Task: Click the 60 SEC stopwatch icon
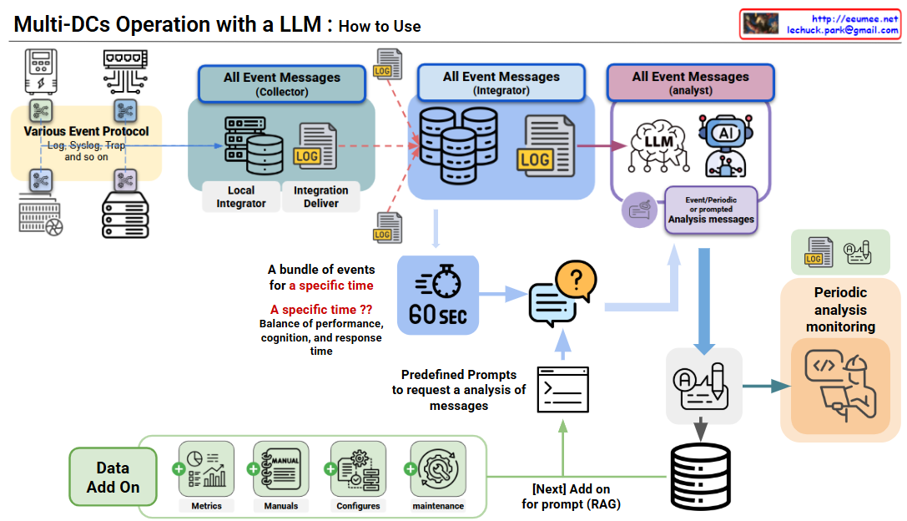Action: [x=438, y=294]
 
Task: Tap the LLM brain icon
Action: [x=658, y=144]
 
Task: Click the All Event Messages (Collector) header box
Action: [x=281, y=83]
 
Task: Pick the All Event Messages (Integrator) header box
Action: [x=501, y=83]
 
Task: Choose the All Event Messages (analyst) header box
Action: [x=690, y=83]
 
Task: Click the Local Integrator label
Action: [x=241, y=196]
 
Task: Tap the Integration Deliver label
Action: [x=320, y=196]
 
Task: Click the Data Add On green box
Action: [x=113, y=477]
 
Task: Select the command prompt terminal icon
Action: [x=562, y=388]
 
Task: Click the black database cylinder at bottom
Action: [x=701, y=476]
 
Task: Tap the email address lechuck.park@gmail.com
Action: [x=843, y=30]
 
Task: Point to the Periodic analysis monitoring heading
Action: [x=840, y=310]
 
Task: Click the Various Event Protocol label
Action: [x=87, y=131]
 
